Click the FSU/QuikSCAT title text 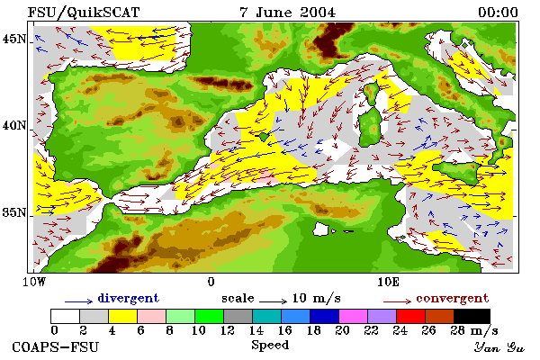pyautogui.click(x=84, y=13)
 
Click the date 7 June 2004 pyautogui.click(x=287, y=13)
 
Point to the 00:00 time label pyautogui.click(x=498, y=13)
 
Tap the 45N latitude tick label pyautogui.click(x=14, y=39)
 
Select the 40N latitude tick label pyautogui.click(x=14, y=125)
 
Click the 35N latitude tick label pyautogui.click(x=14, y=212)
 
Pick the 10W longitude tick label pyautogui.click(x=34, y=282)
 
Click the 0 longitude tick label pyautogui.click(x=211, y=282)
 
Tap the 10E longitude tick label pyautogui.click(x=389, y=282)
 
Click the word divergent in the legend pyautogui.click(x=129, y=298)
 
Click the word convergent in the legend pyautogui.click(x=452, y=298)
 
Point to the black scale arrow pyautogui.click(x=273, y=301)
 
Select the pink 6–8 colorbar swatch pyautogui.click(x=151, y=316)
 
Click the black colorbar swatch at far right pyautogui.click(x=472, y=316)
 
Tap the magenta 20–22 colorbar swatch pyautogui.click(x=354, y=316)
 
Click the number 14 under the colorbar pyautogui.click(x=256, y=330)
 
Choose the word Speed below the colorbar pyautogui.click(x=270, y=346)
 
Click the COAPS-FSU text pyautogui.click(x=55, y=346)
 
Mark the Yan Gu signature pyautogui.click(x=499, y=347)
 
